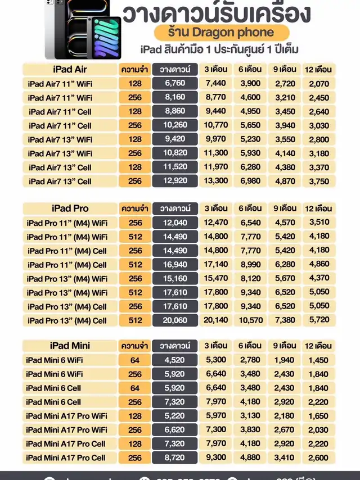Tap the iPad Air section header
(69, 70)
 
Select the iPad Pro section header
(69, 209)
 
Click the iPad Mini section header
(69, 346)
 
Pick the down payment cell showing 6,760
(175, 83)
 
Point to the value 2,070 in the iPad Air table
(318, 83)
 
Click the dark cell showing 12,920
(175, 181)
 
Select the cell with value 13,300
(215, 181)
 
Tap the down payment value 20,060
(175, 320)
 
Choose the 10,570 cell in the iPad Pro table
(250, 320)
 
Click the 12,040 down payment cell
(175, 223)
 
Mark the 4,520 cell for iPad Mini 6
(175, 360)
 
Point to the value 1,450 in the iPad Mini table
(318, 360)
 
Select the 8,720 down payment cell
(175, 458)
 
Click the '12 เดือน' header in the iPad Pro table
(318, 209)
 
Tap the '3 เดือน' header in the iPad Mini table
(215, 346)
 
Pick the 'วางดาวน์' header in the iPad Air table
(175, 70)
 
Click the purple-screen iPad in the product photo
(106, 38)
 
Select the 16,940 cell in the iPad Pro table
(175, 265)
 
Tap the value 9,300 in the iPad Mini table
(215, 458)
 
